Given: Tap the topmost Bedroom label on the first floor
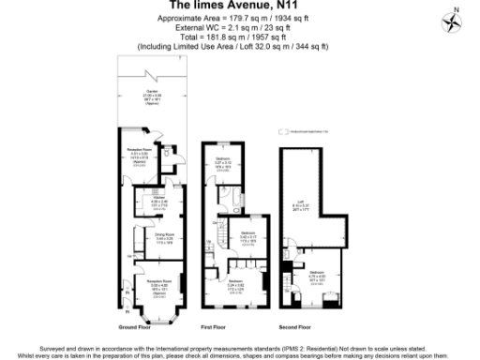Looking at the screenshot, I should [223, 160].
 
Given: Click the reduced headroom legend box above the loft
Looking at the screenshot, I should [282, 134].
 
